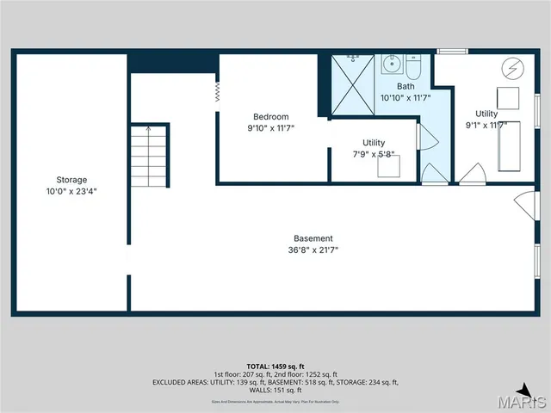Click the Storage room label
(71, 180)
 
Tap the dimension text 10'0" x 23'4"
(71, 192)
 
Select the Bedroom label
(270, 117)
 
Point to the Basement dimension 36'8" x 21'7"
(313, 250)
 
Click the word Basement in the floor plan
(313, 238)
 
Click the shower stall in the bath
(353, 85)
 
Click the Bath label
(406, 86)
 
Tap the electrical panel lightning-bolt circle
(509, 68)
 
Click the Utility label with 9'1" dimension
(486, 114)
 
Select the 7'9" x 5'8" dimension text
(374, 155)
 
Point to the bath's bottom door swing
(435, 175)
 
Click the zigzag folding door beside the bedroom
(217, 92)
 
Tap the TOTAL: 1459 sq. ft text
(275, 366)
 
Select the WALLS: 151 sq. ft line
(275, 390)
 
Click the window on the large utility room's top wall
(452, 52)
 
